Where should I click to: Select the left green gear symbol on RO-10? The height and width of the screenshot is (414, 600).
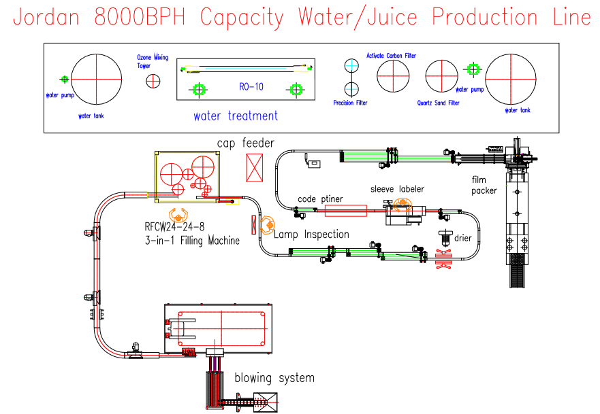click(198, 89)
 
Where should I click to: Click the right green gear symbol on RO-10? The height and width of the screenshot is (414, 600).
click(296, 89)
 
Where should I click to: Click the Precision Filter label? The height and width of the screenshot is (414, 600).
click(350, 103)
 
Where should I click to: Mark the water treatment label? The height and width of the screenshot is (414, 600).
click(236, 116)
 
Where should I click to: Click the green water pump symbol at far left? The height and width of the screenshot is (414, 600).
click(64, 80)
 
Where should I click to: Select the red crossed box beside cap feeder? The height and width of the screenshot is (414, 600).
click(255, 167)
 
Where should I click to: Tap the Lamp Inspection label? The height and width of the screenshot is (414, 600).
click(311, 235)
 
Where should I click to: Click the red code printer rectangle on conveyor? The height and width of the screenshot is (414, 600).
click(345, 211)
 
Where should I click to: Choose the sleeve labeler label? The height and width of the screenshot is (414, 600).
click(397, 188)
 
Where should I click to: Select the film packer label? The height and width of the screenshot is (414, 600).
click(484, 185)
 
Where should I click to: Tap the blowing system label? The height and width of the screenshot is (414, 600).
click(274, 378)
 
